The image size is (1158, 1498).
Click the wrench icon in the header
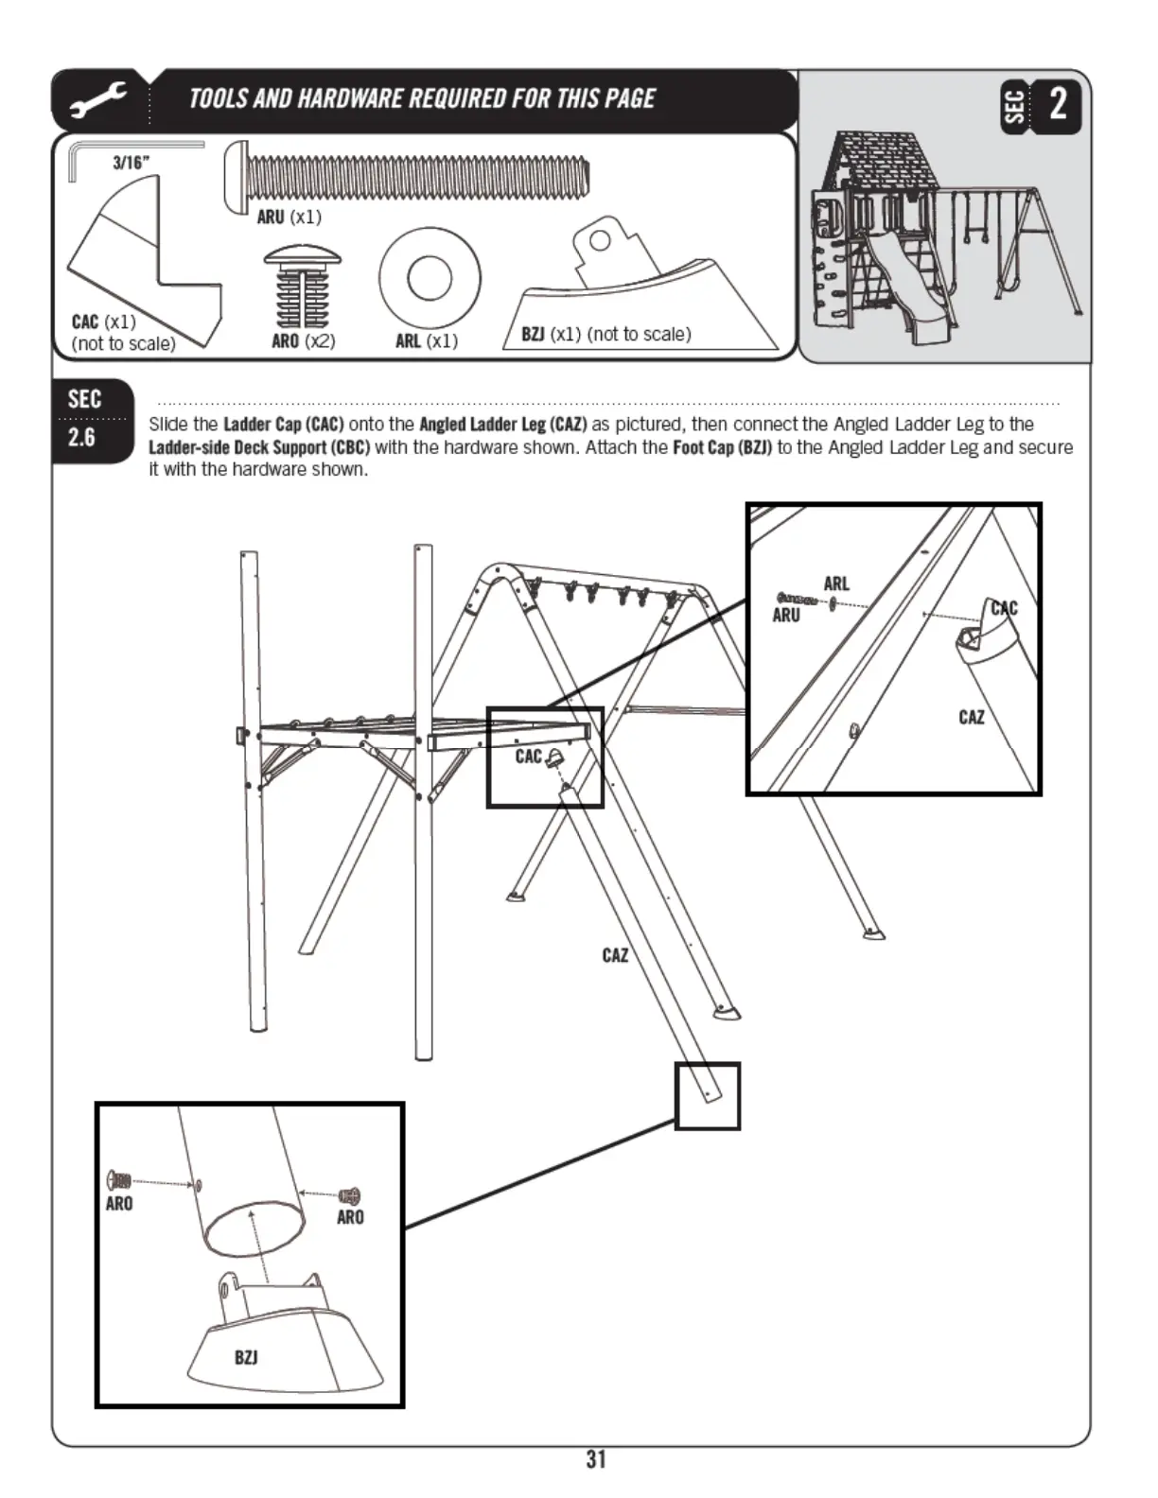click(x=97, y=100)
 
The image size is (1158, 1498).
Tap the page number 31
click(x=595, y=1459)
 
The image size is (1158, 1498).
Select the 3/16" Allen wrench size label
click(x=131, y=162)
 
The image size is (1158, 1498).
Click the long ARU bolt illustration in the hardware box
click(x=407, y=174)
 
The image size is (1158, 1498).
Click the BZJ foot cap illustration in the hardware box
click(x=643, y=288)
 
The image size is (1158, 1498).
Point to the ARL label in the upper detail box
click(x=836, y=584)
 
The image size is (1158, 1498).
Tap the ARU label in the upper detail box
click(x=786, y=616)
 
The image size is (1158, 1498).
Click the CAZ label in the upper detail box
click(x=971, y=717)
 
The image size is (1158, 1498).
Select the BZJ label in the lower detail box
click(x=246, y=1357)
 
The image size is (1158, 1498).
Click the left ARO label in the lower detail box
click(x=119, y=1204)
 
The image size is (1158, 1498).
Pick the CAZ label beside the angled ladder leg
click(x=615, y=955)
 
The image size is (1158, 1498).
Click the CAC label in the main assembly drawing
click(x=528, y=757)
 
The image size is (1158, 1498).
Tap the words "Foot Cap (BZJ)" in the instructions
click(x=722, y=447)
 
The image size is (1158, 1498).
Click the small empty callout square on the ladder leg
click(x=708, y=1096)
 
